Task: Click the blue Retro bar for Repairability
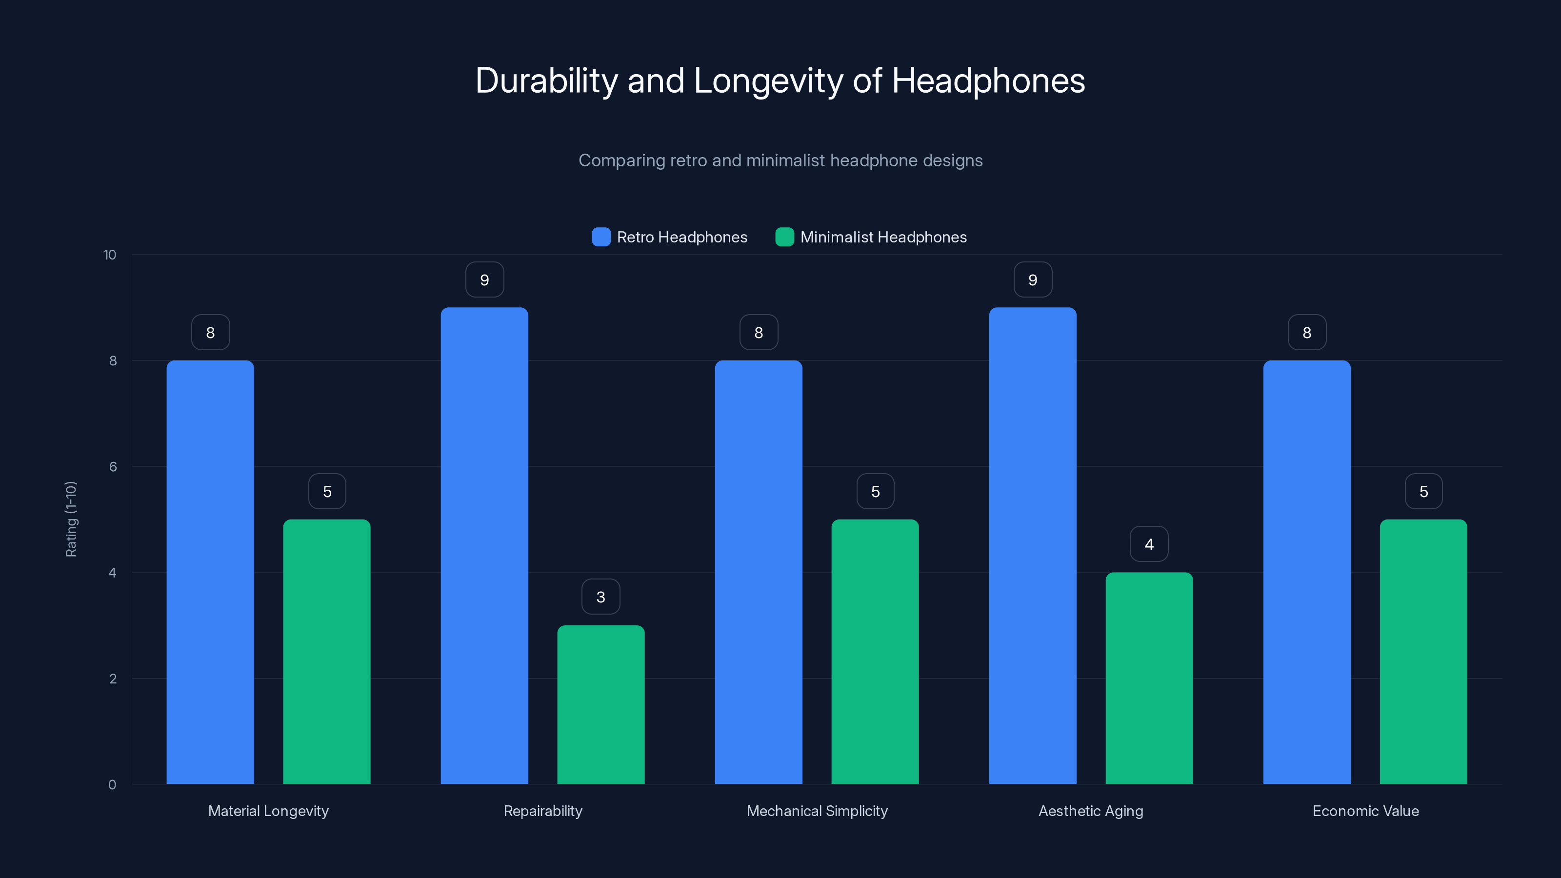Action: tap(484, 545)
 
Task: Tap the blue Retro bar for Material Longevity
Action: tap(210, 572)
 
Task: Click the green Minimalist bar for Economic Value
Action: tap(1423, 651)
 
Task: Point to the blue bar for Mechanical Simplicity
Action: tap(758, 572)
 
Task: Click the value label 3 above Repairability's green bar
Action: tap(600, 597)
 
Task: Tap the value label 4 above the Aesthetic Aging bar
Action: tap(1149, 544)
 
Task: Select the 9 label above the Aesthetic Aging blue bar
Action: tap(1033, 280)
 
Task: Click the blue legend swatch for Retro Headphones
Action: tap(601, 237)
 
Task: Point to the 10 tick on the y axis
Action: tap(110, 255)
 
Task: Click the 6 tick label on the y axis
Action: tap(113, 467)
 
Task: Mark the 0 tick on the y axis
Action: tap(112, 785)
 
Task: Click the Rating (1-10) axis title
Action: tap(71, 519)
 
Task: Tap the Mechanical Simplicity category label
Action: tap(817, 811)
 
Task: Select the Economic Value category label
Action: tap(1365, 811)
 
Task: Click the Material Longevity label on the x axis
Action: tap(268, 811)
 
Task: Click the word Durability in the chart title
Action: tap(546, 80)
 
